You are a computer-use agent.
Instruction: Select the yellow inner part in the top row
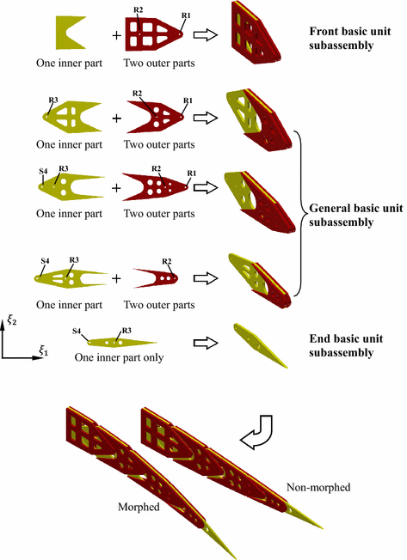click(x=69, y=33)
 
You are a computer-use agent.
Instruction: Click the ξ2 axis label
click(x=11, y=320)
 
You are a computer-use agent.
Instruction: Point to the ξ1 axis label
click(x=40, y=351)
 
